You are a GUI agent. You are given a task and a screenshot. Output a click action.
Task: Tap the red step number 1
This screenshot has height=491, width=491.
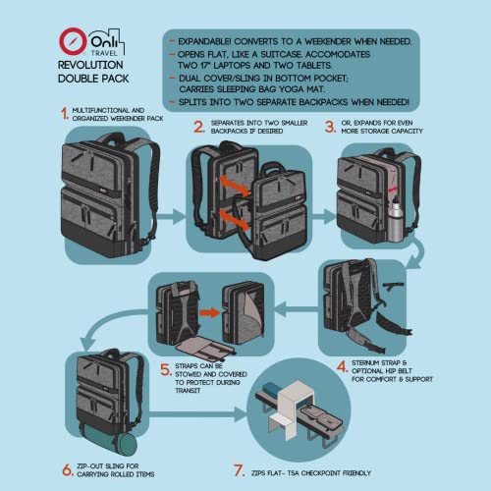[64, 114]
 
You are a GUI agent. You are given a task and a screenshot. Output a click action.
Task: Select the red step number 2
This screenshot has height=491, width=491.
[198, 126]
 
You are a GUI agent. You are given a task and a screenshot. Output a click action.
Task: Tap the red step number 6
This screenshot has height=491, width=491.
[67, 469]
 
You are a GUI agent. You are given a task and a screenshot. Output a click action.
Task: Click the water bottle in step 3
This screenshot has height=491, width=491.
[395, 218]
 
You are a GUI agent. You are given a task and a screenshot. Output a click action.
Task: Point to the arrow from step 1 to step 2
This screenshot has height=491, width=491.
[168, 213]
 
